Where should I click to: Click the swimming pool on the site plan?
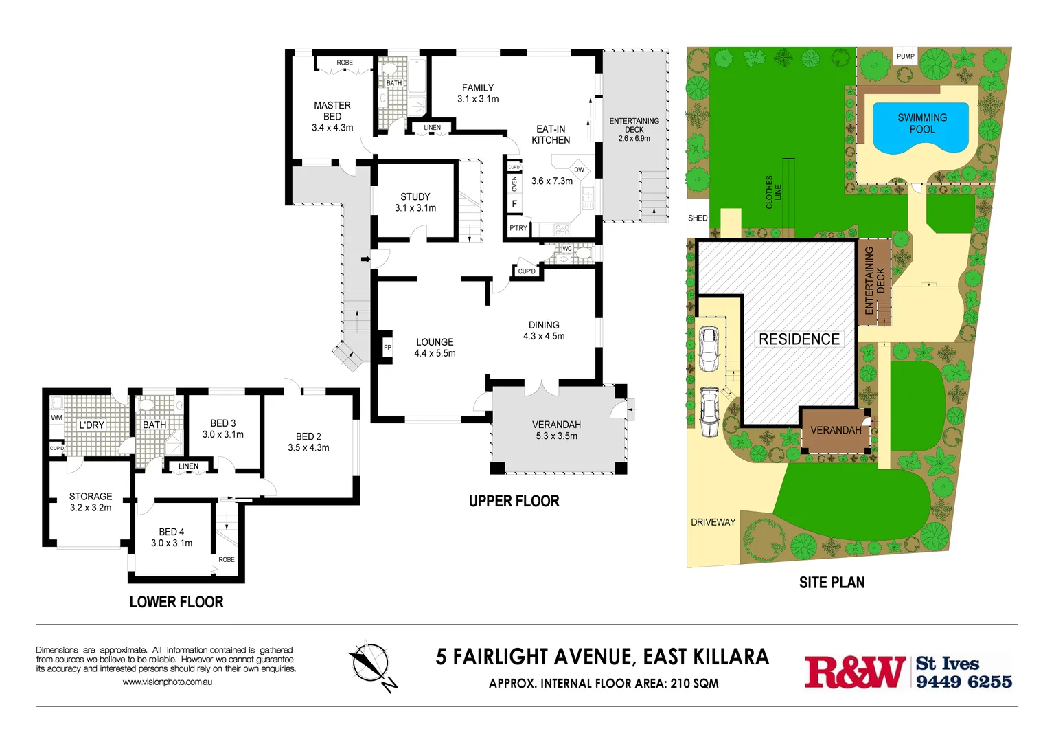(x=921, y=128)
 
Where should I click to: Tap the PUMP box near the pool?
(x=905, y=56)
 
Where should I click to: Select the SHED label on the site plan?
(x=698, y=218)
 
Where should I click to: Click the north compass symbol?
(x=371, y=664)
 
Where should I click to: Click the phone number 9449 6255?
(x=963, y=682)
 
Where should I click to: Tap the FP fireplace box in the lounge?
(x=387, y=347)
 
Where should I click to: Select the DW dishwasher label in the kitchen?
(x=579, y=170)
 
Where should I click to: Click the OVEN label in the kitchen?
(x=514, y=184)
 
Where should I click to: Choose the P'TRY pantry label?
(x=518, y=228)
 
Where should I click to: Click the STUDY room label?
(x=415, y=196)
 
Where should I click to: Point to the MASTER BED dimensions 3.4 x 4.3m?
(x=332, y=128)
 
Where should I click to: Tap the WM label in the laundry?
(x=56, y=418)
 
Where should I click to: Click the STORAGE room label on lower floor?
(x=91, y=496)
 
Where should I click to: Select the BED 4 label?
(x=172, y=532)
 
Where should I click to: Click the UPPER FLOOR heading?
(x=514, y=502)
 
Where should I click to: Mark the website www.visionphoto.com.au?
(x=167, y=682)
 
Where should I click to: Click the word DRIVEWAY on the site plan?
(x=713, y=522)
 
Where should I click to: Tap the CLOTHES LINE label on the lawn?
(x=773, y=192)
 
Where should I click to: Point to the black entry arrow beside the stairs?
(x=365, y=259)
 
